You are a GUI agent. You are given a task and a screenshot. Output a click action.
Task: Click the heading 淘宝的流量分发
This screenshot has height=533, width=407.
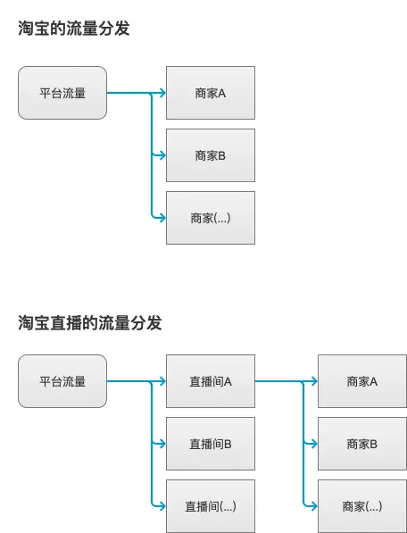tap(74, 29)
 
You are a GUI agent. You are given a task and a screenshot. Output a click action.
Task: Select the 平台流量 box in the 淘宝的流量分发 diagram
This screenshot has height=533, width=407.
tap(62, 93)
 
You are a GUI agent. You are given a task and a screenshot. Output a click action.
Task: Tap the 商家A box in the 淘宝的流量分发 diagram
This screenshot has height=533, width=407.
tap(211, 93)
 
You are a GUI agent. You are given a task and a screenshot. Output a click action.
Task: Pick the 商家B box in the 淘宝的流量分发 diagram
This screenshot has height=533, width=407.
tap(211, 155)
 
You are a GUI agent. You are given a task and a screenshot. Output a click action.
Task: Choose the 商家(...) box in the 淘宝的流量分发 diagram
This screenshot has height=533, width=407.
tap(211, 218)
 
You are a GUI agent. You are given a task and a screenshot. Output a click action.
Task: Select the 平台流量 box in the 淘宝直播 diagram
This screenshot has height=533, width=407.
tap(62, 381)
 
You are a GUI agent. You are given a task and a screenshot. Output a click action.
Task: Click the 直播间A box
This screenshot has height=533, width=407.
tap(211, 381)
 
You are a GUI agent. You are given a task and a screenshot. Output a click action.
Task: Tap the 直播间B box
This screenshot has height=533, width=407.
tap(211, 444)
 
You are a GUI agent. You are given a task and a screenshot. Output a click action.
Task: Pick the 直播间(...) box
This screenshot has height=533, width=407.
tap(211, 506)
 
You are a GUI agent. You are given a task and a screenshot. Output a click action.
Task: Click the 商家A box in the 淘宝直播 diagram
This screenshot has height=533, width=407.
tap(362, 381)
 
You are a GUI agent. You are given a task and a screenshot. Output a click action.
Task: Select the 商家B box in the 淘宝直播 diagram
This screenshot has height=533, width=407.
tap(362, 444)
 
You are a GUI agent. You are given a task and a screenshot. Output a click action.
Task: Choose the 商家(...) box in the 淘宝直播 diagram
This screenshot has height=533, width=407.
tap(362, 506)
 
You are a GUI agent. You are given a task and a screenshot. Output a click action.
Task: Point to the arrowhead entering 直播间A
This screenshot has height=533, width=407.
tap(162, 381)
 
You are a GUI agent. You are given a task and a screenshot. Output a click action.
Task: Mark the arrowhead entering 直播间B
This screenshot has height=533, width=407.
tap(162, 444)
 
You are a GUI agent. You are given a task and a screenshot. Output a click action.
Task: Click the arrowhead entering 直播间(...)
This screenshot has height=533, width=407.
tap(162, 506)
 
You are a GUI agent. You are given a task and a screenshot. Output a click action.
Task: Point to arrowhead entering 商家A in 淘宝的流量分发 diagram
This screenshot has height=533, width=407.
tap(162, 93)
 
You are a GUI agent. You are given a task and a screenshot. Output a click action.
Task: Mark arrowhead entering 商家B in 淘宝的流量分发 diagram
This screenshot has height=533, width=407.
tap(162, 155)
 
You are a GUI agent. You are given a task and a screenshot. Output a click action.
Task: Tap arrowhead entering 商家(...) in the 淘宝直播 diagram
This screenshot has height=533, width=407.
tap(313, 506)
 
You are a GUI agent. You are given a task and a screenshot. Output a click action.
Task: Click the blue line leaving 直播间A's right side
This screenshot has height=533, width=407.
tap(277, 381)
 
